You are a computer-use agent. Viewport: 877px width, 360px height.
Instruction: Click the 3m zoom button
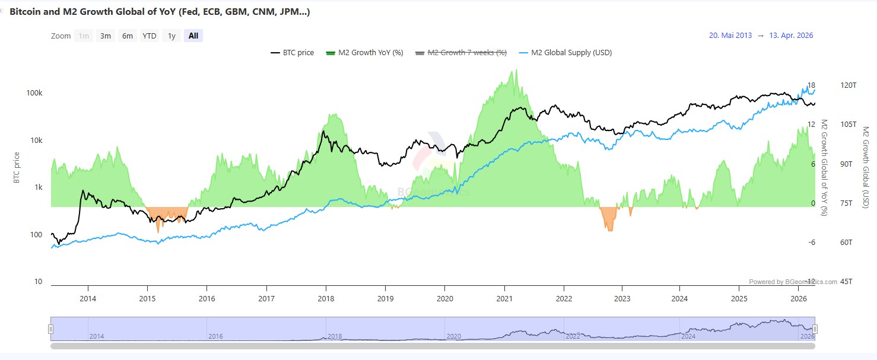[106, 36]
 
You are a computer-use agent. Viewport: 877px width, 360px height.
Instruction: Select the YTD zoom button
[150, 36]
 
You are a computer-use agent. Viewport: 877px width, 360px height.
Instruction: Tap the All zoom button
[193, 36]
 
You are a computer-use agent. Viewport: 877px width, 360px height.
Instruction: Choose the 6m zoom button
[128, 36]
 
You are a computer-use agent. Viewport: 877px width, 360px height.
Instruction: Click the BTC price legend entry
[293, 53]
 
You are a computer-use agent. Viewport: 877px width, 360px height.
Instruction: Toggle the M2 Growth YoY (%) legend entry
[364, 53]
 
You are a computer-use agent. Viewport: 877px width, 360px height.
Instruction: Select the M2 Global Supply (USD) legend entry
[565, 53]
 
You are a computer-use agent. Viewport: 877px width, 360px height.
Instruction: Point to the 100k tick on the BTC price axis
[34, 94]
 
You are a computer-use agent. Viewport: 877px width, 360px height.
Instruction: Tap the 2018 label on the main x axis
[325, 298]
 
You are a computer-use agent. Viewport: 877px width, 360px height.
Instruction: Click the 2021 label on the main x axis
[504, 298]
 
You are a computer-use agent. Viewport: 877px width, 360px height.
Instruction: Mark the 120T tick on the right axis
[849, 85]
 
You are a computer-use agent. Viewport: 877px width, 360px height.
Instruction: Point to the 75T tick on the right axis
[846, 203]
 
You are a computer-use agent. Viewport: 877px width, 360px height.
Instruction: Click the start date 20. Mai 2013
[730, 36]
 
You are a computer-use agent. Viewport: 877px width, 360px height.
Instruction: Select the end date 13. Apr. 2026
[791, 36]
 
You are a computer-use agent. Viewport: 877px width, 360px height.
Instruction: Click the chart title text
[160, 12]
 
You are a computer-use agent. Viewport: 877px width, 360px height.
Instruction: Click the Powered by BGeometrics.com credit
[793, 282]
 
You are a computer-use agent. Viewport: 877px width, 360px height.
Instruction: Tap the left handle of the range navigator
[51, 329]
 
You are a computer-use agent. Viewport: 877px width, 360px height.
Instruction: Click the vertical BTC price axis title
[17, 167]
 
